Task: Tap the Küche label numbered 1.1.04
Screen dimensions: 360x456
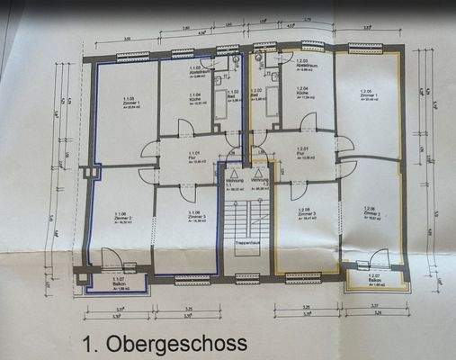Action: click(194, 98)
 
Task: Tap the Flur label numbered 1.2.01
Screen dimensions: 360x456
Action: click(302, 151)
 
